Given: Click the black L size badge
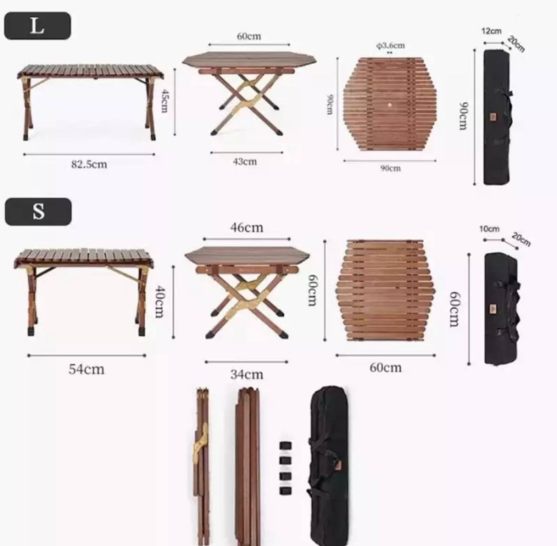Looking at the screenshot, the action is click(x=37, y=26).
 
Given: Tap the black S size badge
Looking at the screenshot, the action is click(x=38, y=212).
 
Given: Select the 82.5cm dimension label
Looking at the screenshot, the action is click(x=89, y=165).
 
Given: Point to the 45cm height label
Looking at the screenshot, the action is click(x=164, y=101).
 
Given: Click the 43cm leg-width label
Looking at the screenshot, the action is click(x=245, y=162).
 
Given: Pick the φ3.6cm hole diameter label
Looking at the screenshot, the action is click(x=390, y=46).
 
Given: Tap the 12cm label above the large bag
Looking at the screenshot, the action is click(x=491, y=31).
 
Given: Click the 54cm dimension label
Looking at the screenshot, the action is click(x=86, y=369).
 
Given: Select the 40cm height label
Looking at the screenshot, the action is click(x=160, y=302).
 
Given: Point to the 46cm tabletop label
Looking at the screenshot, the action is click(x=247, y=228).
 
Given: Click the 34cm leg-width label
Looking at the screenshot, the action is click(x=247, y=375).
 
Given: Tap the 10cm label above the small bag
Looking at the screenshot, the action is click(x=489, y=229).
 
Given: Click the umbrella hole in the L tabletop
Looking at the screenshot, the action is click(x=390, y=105).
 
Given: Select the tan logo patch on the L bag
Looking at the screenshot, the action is click(x=493, y=117).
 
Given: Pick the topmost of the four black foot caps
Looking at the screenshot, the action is click(x=285, y=446).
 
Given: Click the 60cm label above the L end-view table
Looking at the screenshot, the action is click(x=249, y=36).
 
